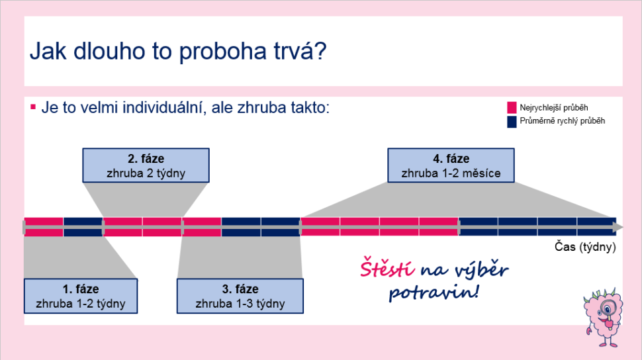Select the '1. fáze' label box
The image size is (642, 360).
(81, 296)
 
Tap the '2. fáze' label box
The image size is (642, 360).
(146, 165)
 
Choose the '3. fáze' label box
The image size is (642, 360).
(240, 296)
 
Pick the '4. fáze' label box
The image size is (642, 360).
(451, 165)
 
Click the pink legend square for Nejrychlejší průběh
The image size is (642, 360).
(512, 108)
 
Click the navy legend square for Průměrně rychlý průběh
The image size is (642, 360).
(512, 122)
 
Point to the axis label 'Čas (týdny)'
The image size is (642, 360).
(585, 247)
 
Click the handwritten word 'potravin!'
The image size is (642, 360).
(434, 292)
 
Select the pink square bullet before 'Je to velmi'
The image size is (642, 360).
(33, 107)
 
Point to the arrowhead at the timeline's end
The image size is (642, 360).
(619, 227)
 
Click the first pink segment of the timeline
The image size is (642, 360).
(44, 227)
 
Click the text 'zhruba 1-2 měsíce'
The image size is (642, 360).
(451, 173)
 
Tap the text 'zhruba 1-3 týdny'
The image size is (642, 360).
(240, 304)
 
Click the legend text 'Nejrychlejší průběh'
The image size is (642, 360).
(553, 108)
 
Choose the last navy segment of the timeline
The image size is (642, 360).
(596, 227)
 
